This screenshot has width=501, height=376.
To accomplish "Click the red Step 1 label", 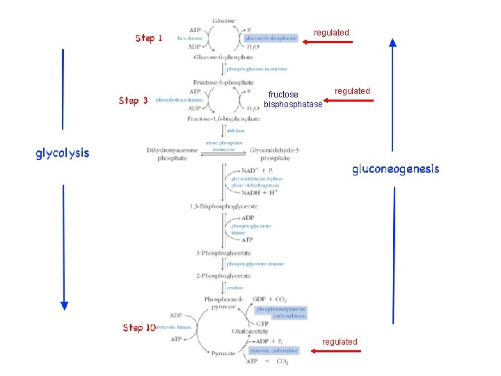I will [x=149, y=38].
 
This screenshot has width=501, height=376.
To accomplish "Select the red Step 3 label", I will [x=133, y=100].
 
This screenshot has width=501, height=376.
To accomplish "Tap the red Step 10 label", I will [x=138, y=327].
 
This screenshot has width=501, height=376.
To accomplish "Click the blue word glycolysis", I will [x=63, y=153].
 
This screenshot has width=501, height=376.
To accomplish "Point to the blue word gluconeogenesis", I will [x=395, y=169].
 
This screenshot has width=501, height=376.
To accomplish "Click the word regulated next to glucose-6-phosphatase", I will [x=331, y=33].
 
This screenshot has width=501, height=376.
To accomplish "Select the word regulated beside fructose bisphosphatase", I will [x=352, y=91].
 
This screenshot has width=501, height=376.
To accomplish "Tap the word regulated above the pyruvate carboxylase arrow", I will [x=340, y=341].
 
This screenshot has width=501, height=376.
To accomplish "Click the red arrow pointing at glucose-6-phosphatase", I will [x=328, y=42].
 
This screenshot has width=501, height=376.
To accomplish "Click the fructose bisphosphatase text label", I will [x=293, y=100].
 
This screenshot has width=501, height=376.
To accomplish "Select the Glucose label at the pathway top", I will [x=223, y=21].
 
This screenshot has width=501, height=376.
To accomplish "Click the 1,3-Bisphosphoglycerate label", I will [x=223, y=207].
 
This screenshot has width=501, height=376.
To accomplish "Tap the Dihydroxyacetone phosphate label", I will [x=167, y=154].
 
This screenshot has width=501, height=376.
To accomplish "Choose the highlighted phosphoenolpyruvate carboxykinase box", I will [x=280, y=312].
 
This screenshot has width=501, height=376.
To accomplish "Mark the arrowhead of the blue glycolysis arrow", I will [x=64, y=304].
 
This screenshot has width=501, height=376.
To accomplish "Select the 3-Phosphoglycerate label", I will [x=223, y=253].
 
